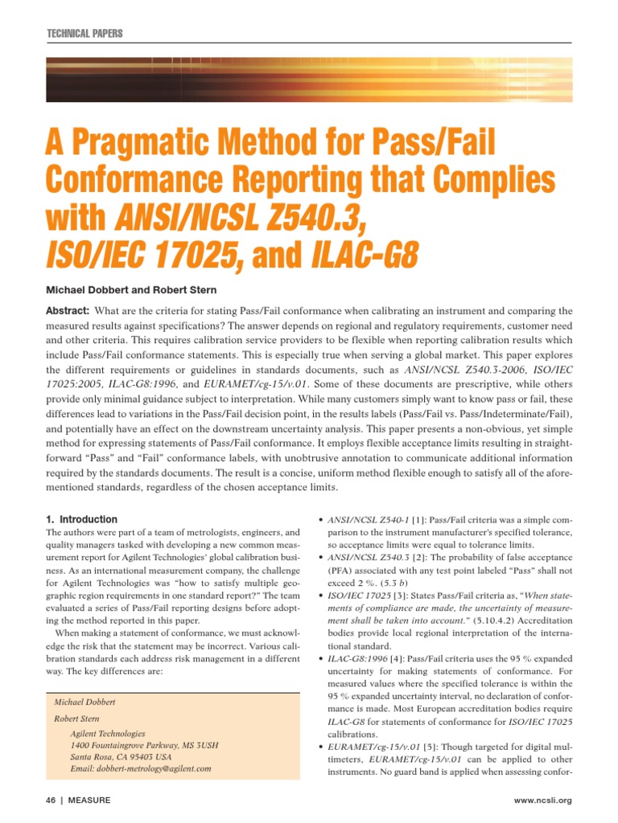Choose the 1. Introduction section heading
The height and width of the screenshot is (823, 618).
click(81, 519)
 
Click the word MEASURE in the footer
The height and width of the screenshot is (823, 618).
click(89, 800)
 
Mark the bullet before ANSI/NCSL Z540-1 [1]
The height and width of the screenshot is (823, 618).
click(322, 520)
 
